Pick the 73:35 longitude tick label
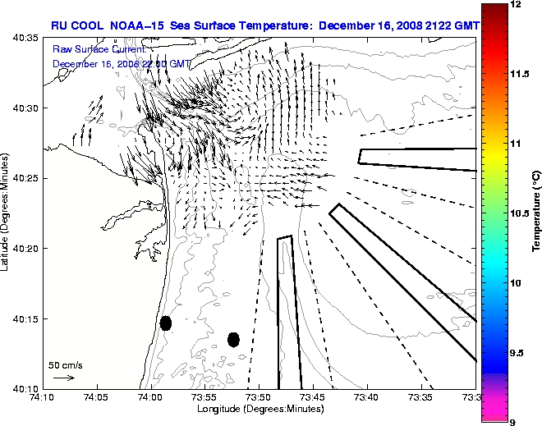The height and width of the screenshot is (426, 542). [420, 398]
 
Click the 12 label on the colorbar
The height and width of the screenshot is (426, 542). [515, 5]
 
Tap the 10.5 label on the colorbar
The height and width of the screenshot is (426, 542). [520, 213]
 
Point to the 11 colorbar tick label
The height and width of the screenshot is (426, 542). [515, 144]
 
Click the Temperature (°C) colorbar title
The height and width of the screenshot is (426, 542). [535, 213]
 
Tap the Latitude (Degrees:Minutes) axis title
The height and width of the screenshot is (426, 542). [7, 213]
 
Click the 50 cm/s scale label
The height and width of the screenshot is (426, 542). [65, 364]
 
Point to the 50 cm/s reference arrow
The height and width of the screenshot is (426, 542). [64, 378]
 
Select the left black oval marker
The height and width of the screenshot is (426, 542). [166, 323]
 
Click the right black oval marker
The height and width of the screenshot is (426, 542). [233, 339]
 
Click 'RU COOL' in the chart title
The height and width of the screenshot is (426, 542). [76, 25]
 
